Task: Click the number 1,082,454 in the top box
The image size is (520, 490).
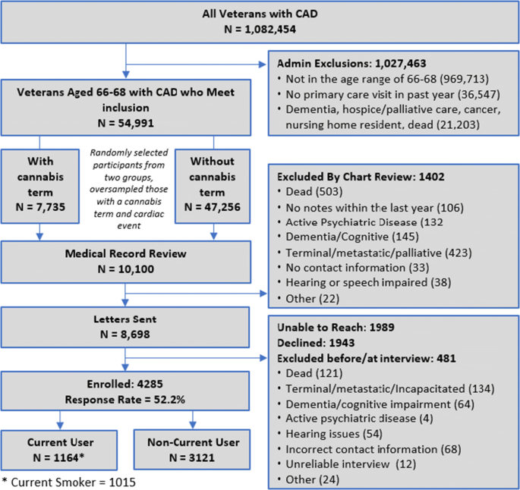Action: point(270,30)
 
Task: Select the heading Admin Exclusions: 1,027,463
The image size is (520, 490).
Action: point(351,63)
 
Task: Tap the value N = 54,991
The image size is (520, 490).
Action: point(126,123)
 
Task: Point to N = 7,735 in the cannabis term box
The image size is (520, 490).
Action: point(40,207)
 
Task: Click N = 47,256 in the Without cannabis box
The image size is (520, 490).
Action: point(213,207)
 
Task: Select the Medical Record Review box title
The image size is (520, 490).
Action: point(126,253)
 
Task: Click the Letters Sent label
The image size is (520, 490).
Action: point(125,319)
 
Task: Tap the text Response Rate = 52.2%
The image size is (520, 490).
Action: point(125,400)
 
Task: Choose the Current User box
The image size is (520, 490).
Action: point(59,450)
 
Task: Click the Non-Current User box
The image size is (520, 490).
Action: point(192,450)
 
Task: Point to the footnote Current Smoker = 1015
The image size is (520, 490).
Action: point(69,482)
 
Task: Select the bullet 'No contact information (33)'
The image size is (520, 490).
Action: point(354,268)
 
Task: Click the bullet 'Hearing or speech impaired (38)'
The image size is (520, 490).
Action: point(364,283)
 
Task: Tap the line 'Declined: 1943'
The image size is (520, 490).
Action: point(316,343)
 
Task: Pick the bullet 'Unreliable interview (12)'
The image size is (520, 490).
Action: point(347,464)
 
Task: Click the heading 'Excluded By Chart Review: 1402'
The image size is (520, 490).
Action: point(361,177)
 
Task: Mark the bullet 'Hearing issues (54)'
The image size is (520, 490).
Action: point(330,434)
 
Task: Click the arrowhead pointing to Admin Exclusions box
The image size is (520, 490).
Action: point(263,64)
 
